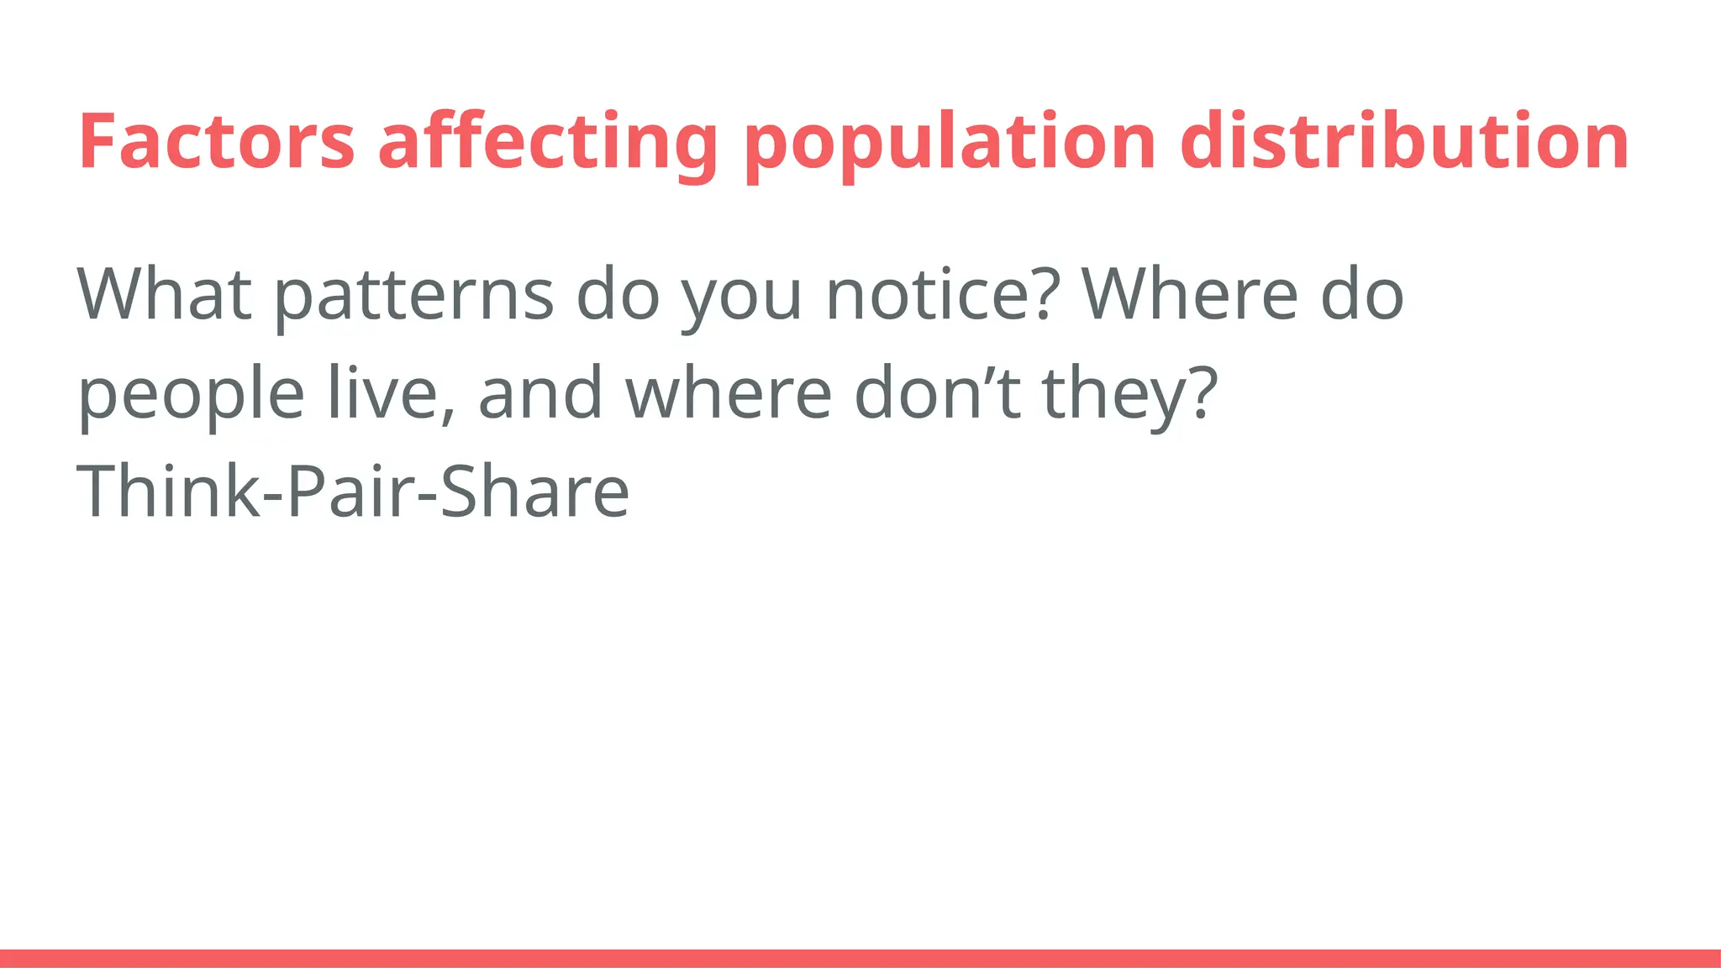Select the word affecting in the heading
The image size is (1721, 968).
coord(547,143)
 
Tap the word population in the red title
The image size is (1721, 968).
coord(950,143)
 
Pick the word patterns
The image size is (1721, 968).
coord(414,296)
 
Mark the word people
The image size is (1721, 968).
coord(191,395)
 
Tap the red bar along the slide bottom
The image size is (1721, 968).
coord(860,958)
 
